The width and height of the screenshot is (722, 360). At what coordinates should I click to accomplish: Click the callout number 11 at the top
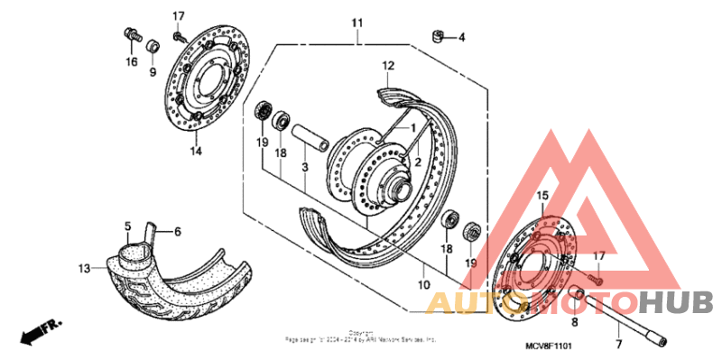(x=356, y=22)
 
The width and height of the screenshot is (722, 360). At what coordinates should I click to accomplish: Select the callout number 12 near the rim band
(x=388, y=66)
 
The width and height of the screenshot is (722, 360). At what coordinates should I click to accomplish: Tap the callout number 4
(x=461, y=38)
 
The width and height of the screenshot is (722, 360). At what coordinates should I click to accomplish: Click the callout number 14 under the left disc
(x=196, y=152)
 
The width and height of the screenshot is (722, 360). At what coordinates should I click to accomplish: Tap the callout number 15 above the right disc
(x=543, y=195)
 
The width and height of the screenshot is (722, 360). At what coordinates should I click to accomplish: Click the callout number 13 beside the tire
(x=84, y=268)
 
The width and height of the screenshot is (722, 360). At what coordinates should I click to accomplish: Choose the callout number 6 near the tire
(x=177, y=232)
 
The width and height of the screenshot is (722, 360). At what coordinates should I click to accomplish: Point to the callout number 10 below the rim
(x=422, y=285)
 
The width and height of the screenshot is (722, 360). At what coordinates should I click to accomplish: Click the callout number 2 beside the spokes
(x=418, y=161)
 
